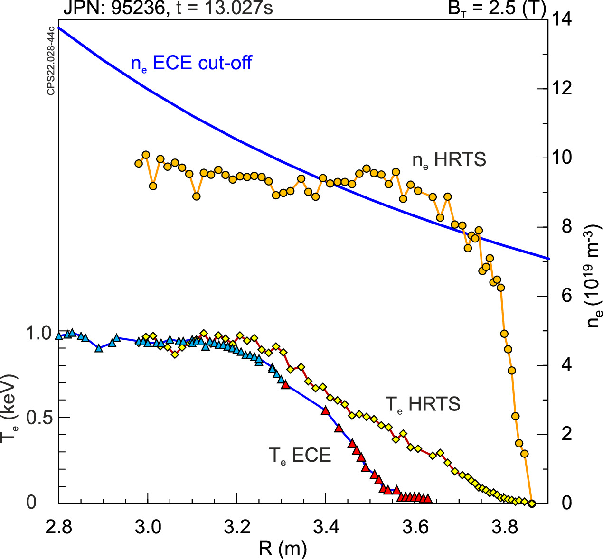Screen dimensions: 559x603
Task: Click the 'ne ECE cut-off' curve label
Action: point(191,63)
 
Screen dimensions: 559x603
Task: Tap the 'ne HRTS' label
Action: point(449,160)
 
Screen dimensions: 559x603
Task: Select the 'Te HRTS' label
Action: point(422,404)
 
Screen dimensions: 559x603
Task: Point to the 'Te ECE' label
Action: point(300,456)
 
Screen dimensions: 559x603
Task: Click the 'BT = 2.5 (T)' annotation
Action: point(497,8)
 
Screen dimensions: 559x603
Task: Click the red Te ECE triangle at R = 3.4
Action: point(325,410)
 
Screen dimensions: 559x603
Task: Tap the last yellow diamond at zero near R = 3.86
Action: point(532,503)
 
